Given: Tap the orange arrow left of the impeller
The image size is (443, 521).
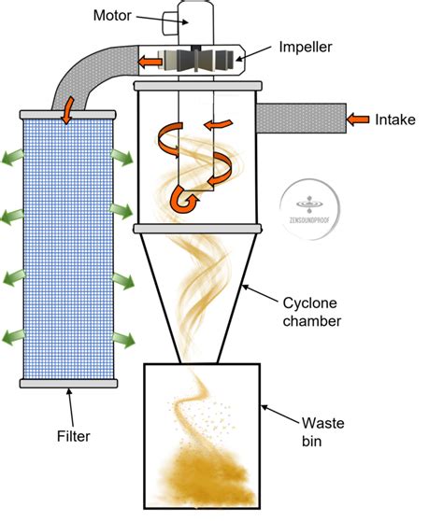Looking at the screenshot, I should coord(147,62).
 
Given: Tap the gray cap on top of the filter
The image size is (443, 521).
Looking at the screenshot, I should coord(67,112).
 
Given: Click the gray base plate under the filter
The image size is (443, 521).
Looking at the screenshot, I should coord(67,382).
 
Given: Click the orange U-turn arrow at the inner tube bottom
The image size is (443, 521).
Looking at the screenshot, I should coord(183,197).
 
